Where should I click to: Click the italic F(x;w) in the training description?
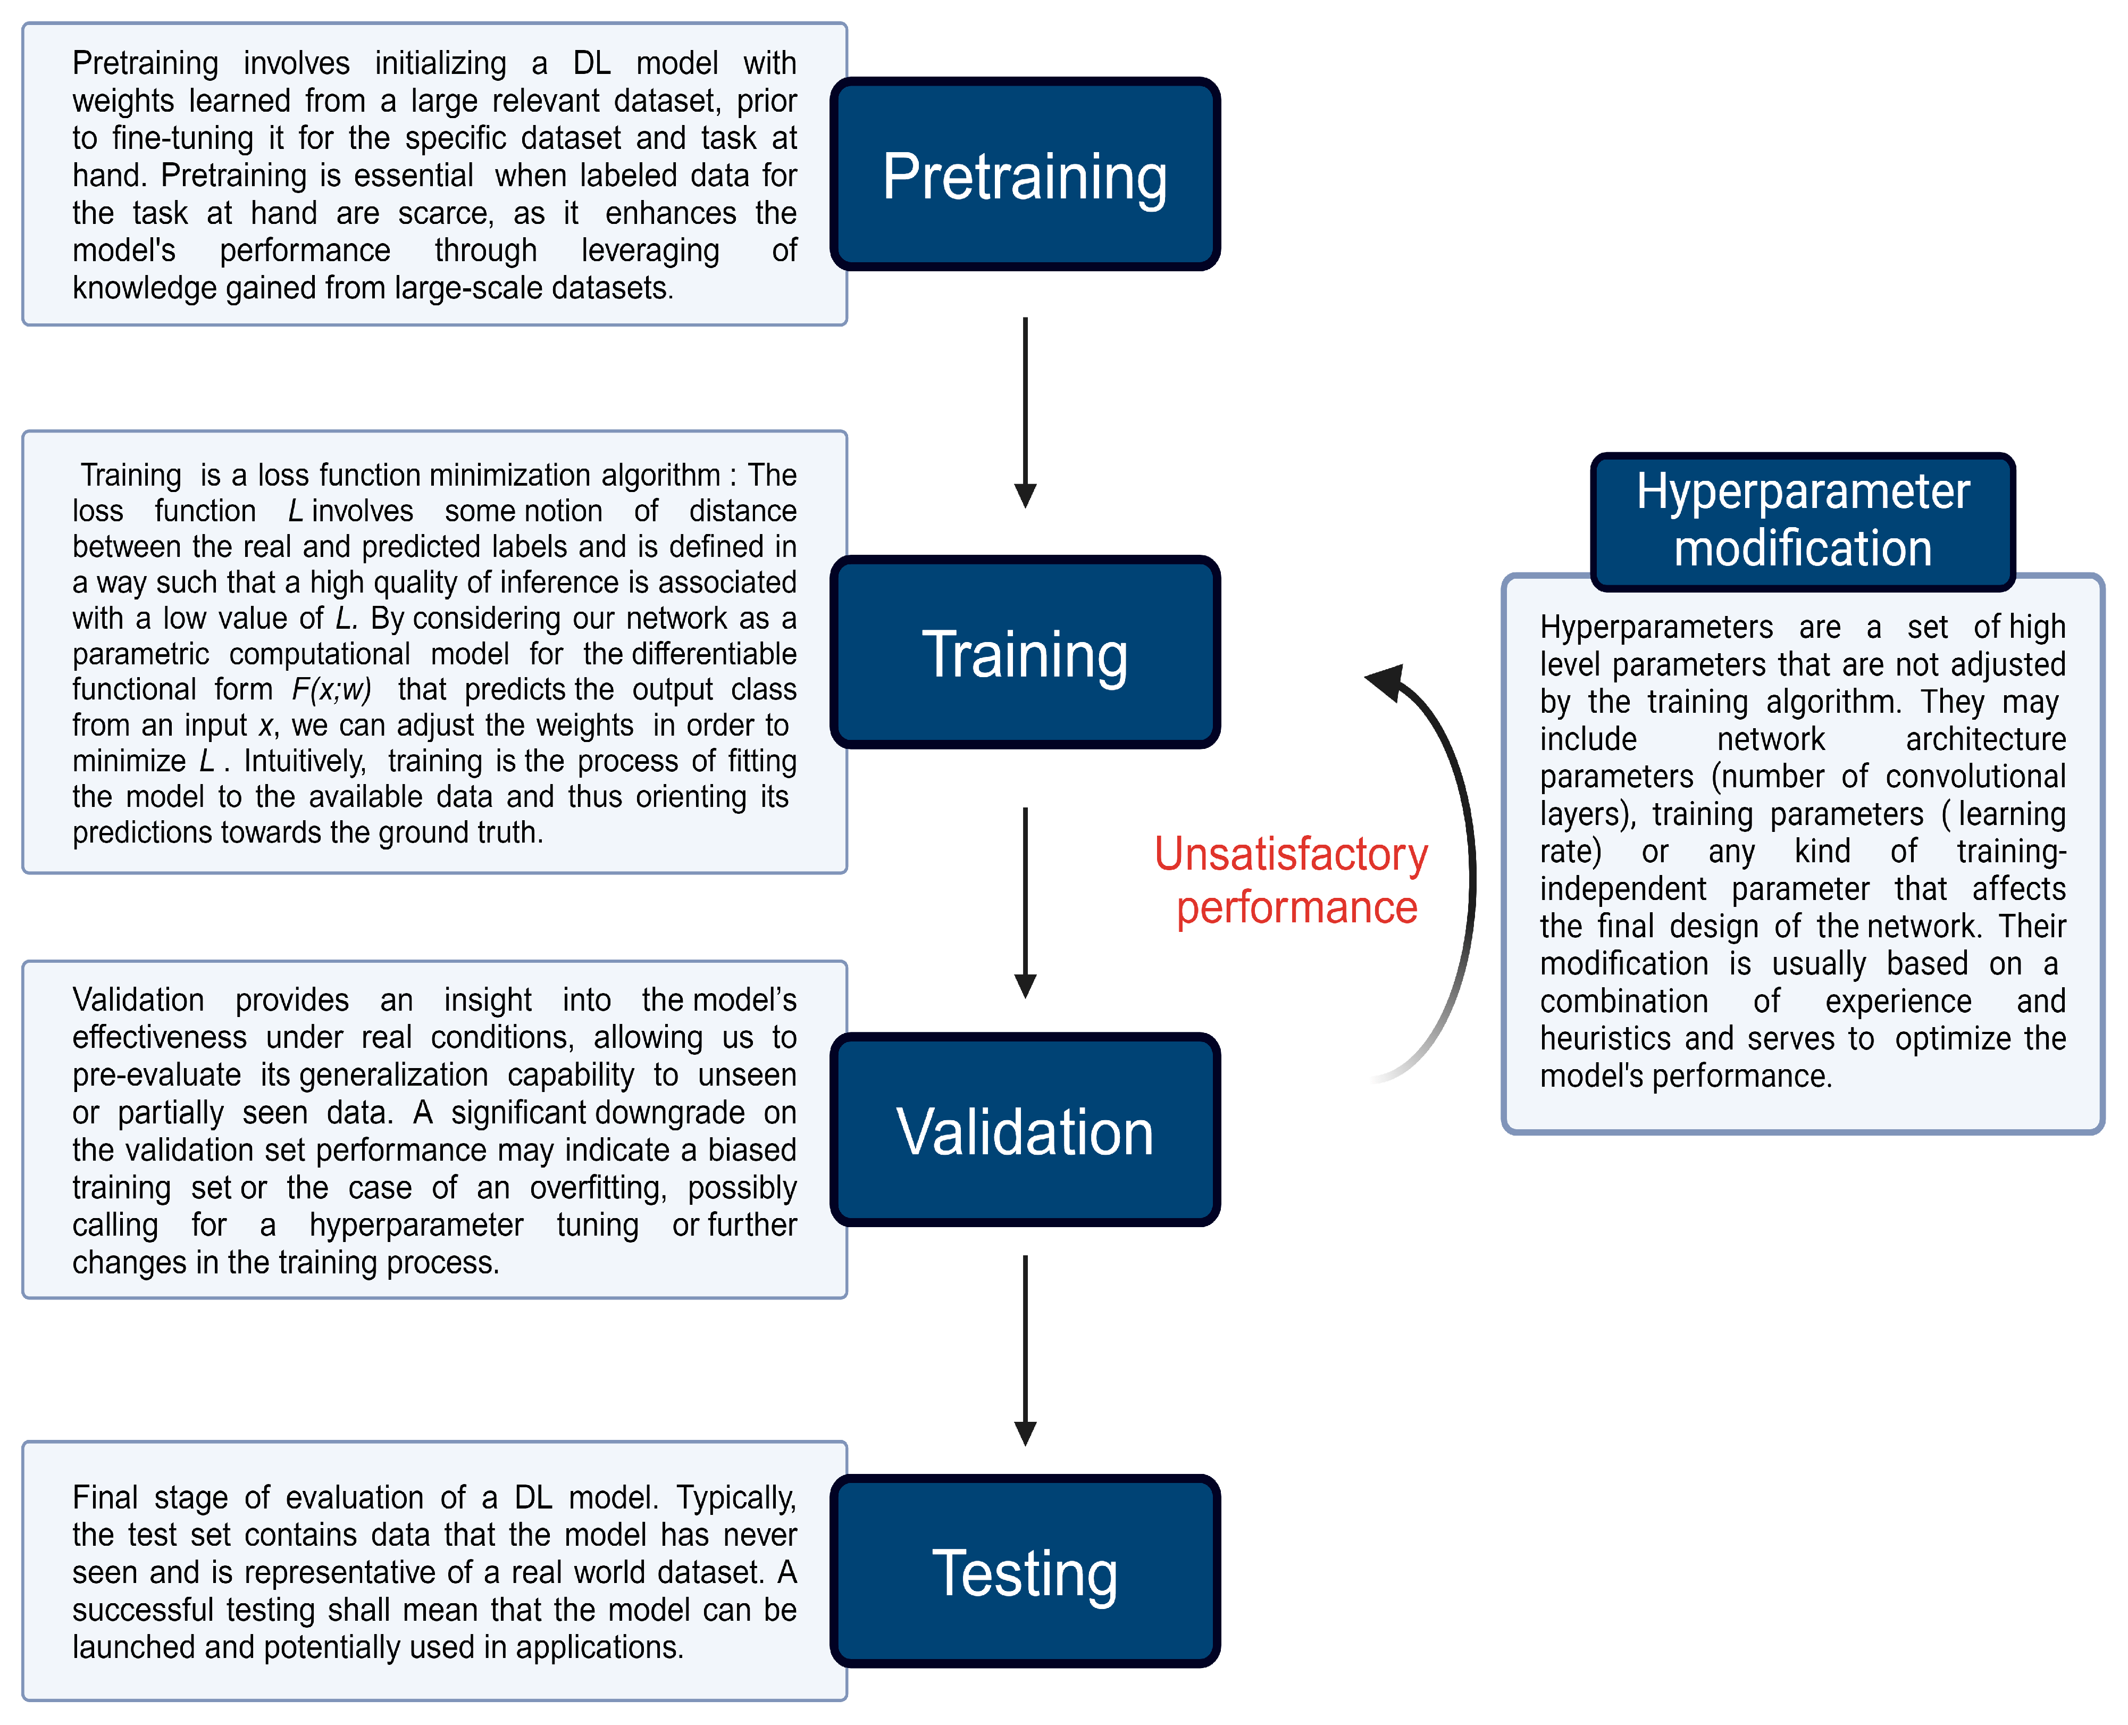coord(331,689)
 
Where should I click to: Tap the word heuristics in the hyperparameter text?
coord(1607,1038)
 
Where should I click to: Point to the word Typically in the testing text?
coord(736,1497)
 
